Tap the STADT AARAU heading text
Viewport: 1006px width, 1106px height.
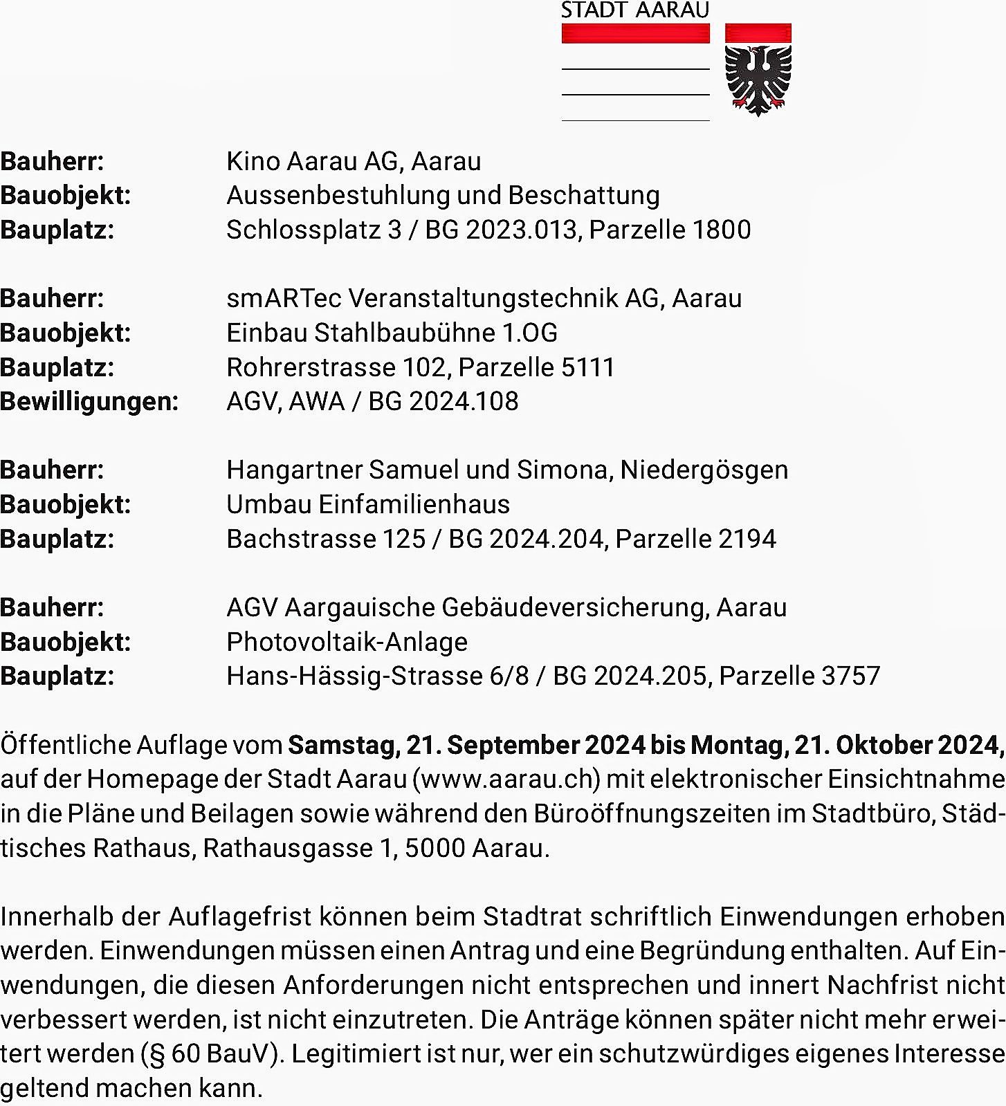pos(634,10)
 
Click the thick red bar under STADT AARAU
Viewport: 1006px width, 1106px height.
pos(635,33)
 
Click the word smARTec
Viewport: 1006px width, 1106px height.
pos(284,298)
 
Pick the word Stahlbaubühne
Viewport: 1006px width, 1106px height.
pos(404,333)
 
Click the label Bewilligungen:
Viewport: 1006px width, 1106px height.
pos(89,402)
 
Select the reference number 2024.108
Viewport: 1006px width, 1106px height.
pos(464,402)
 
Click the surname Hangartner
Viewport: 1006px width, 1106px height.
pos(294,470)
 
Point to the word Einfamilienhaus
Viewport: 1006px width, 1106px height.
pos(414,504)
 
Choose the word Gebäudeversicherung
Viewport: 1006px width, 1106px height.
pos(574,607)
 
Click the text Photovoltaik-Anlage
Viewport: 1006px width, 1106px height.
pos(347,642)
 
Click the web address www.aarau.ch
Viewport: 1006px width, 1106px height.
pos(506,780)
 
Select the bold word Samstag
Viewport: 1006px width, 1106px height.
pos(342,745)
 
